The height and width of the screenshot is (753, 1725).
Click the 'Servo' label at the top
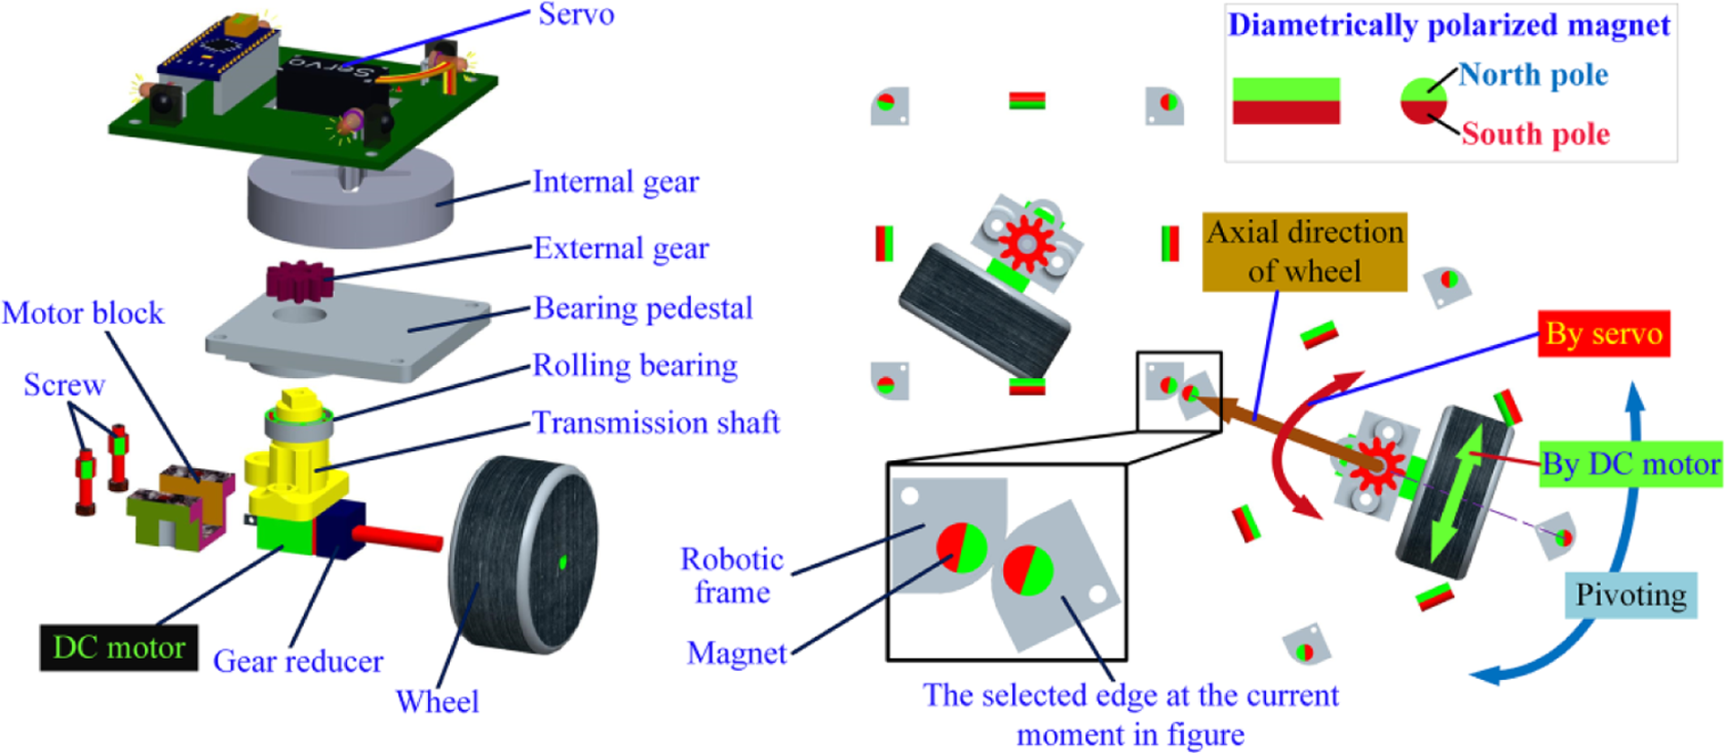576,15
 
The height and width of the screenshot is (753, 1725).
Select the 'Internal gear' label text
615,183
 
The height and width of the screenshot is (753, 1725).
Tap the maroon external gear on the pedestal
298,281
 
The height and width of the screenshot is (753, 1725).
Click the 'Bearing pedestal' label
643,309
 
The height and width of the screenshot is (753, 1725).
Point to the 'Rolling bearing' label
634,366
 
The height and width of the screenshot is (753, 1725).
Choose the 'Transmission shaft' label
655,423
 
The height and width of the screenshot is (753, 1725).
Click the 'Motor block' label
83,313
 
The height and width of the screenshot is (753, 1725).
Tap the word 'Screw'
64,385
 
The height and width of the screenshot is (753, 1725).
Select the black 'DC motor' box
119,647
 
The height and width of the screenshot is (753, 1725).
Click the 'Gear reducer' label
298,661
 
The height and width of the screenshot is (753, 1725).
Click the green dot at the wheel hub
562,562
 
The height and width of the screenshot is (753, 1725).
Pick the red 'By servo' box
1604,333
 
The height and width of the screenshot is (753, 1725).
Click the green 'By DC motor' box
1630,465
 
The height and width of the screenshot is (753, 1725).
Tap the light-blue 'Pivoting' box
1631,595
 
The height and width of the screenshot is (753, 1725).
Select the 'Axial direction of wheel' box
1304,252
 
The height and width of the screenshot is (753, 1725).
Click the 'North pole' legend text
1533,75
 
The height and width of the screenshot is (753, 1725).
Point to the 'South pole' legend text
1535,134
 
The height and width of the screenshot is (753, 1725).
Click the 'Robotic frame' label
732,575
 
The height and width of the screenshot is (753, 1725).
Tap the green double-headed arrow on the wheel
1459,494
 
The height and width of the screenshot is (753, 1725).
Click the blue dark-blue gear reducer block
340,529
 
